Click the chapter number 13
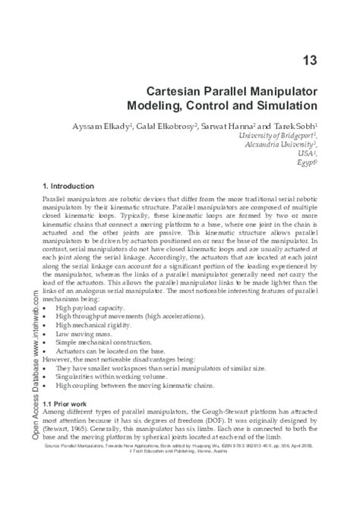pyautogui.click(x=318, y=60)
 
